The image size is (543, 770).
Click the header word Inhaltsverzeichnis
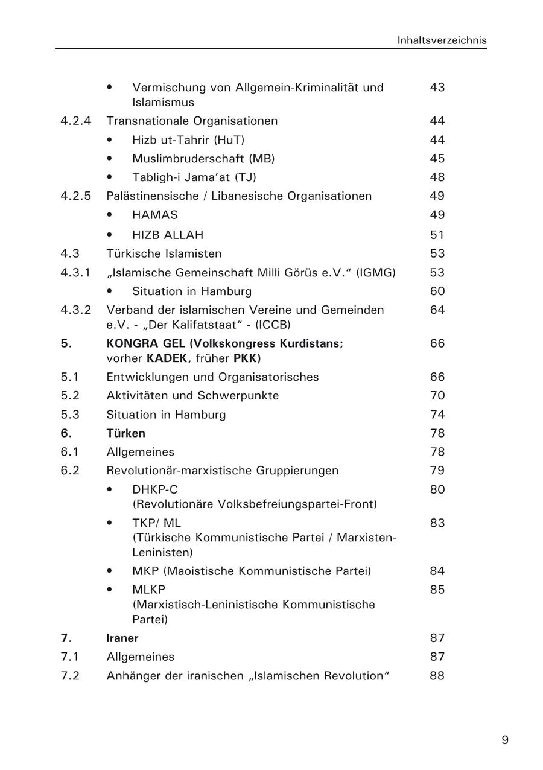pos(442,40)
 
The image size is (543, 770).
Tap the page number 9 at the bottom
pos(505,740)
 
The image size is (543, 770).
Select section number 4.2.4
pos(76,121)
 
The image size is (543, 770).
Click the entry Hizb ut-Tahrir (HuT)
pos(188,140)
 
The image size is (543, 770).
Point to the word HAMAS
pos(155,215)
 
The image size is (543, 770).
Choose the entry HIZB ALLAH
pos(168,235)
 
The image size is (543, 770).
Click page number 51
pos(437,235)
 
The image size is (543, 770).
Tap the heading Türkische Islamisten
pos(164,253)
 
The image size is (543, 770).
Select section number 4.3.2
pos(76,310)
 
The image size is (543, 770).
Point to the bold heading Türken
pos(125,433)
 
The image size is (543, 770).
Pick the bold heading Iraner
pos(122,638)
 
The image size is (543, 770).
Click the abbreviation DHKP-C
pos(155,489)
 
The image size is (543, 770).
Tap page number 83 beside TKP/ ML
pos(437,523)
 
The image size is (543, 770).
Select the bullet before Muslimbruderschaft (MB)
pos(109,159)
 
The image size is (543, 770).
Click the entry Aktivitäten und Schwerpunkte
pos(192,396)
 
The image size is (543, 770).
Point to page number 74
pos(437,415)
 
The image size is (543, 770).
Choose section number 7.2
pos(70,675)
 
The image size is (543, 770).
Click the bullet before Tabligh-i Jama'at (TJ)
pos(109,177)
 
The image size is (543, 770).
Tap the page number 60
pos(437,291)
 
